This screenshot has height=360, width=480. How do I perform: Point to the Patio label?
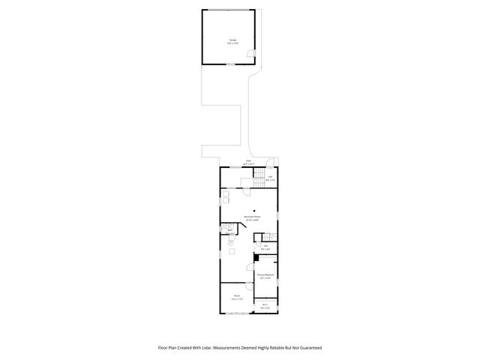[248, 162]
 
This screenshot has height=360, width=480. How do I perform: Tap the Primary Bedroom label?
[265, 275]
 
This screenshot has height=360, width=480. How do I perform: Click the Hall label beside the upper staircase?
[271, 178]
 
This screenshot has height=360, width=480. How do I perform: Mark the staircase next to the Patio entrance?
[259, 175]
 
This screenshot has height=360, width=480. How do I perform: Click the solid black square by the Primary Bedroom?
[256, 257]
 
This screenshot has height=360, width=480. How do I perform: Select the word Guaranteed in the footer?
[307, 347]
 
